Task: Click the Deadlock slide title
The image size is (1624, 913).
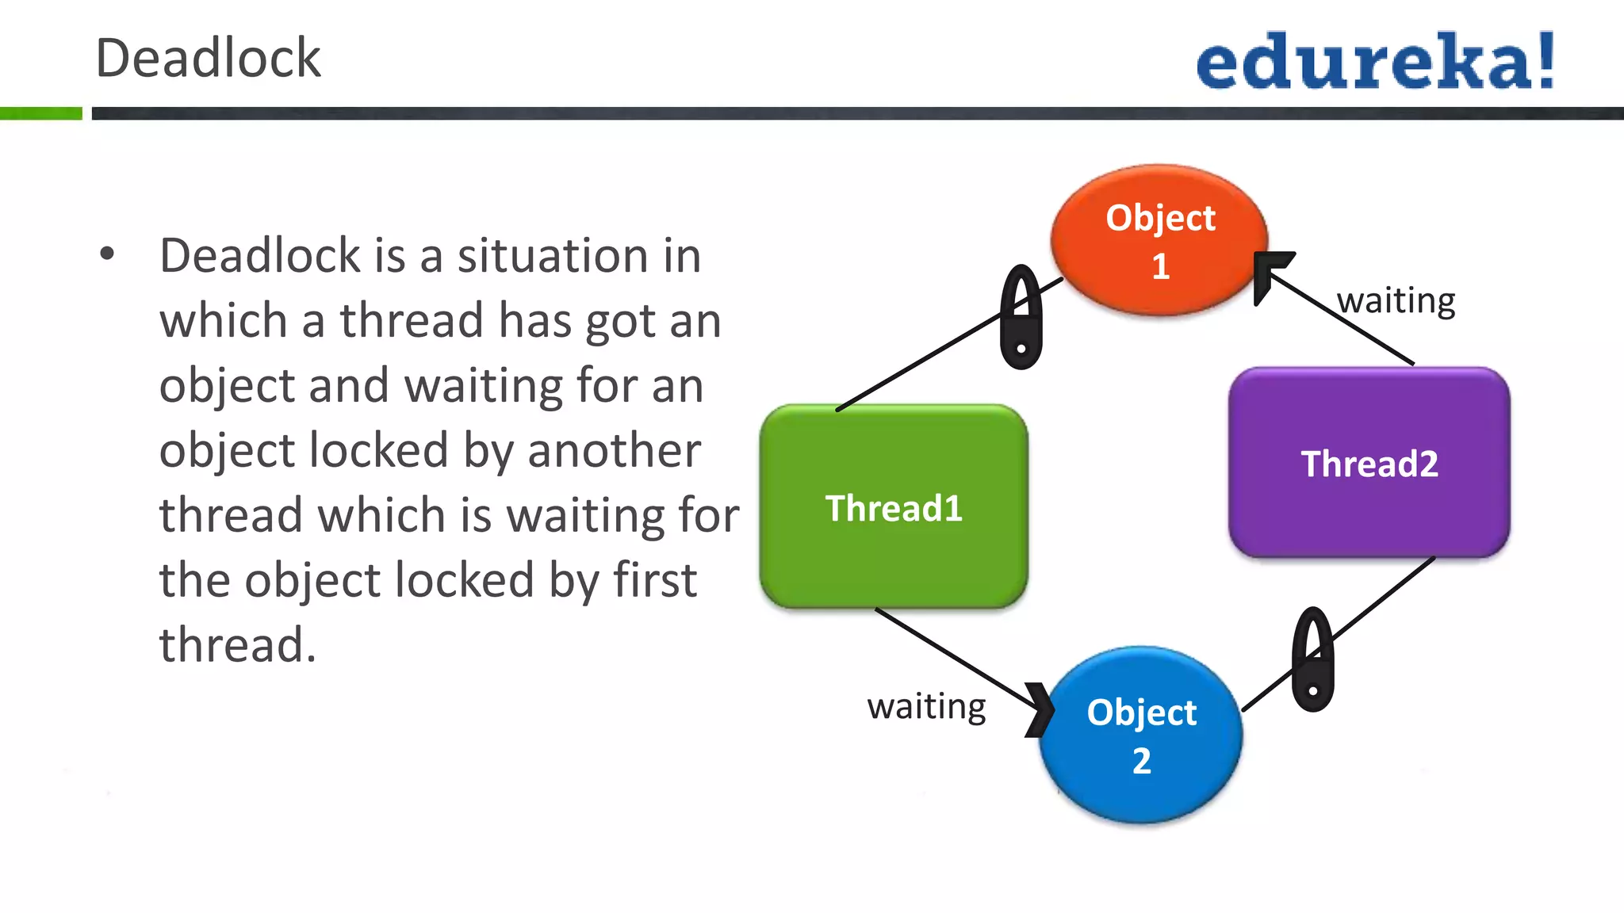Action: coord(208,59)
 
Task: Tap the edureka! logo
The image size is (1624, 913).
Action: coord(1374,62)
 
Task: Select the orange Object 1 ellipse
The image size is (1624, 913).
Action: coord(1159,240)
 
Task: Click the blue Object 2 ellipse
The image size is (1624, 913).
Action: coord(1141,735)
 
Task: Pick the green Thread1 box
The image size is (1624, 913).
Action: coord(894,507)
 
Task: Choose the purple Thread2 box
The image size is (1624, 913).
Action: coord(1369,463)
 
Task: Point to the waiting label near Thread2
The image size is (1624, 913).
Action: coord(1396,301)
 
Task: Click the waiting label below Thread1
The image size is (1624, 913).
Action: coord(926,706)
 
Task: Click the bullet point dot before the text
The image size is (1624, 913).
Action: coord(107,254)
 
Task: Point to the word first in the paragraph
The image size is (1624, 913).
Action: coord(655,580)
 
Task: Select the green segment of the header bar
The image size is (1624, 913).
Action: coord(40,113)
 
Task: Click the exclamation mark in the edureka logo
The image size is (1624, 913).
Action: coord(1545,60)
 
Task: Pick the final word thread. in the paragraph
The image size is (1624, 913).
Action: coord(237,644)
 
